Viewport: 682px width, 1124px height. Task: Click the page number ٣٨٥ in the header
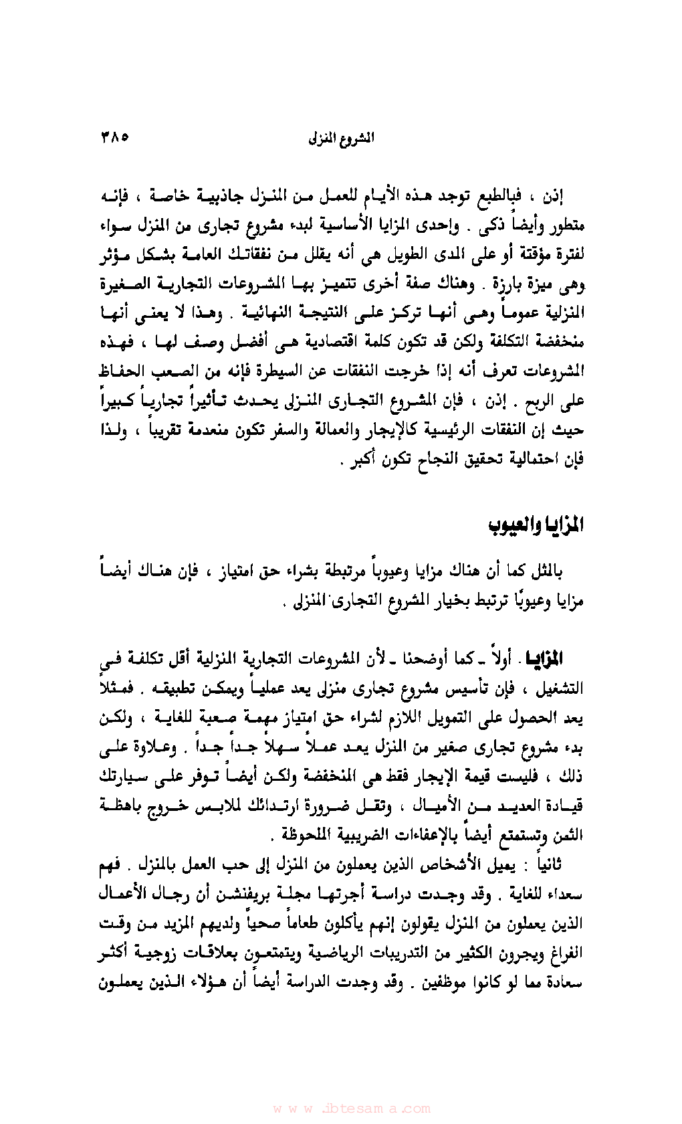(x=114, y=138)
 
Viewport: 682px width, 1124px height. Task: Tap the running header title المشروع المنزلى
(x=340, y=138)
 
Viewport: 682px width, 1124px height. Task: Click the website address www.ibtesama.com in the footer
(x=341, y=1109)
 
